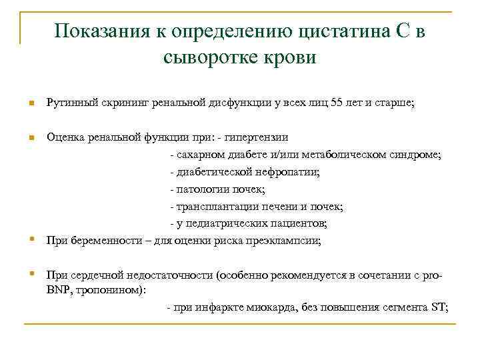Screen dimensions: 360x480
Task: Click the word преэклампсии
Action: (x=289, y=240)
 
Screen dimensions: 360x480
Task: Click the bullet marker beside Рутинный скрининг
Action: (x=31, y=104)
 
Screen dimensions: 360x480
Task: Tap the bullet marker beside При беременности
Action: (x=31, y=239)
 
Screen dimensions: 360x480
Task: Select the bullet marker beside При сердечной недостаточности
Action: (x=31, y=273)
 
